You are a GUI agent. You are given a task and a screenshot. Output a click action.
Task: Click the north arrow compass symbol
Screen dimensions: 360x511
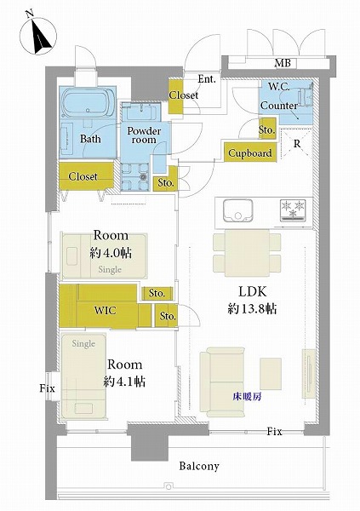pos(38,36)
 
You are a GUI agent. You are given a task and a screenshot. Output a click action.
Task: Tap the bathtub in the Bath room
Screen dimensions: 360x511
pos(88,103)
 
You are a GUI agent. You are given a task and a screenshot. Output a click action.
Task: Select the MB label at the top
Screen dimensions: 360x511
pos(283,62)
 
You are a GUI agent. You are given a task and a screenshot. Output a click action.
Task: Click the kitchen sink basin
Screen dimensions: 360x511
pos(237,211)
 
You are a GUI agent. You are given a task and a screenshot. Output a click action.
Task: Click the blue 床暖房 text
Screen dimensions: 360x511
pos(247,396)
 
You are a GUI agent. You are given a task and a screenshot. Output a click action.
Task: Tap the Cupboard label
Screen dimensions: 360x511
pos(250,152)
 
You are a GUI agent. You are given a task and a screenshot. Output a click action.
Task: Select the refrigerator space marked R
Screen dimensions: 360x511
pos(296,144)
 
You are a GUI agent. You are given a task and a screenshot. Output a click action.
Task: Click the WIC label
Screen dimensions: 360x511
pos(105,310)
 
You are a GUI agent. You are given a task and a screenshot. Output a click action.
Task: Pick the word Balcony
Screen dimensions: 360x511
pos(199,466)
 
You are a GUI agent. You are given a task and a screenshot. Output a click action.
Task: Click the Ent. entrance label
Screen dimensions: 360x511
pos(207,79)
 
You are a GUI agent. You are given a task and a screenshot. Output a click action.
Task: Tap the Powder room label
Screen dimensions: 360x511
pos(144,135)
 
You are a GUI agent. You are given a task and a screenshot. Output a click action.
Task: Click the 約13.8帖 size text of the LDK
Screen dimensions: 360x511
pos(253,308)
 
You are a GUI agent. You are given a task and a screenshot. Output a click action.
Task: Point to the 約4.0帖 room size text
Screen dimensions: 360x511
pos(111,253)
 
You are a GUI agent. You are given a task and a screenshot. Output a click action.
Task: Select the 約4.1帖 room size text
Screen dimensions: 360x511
pos(124,382)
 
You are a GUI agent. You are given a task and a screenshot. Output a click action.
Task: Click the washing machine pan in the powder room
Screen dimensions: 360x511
pos(134,176)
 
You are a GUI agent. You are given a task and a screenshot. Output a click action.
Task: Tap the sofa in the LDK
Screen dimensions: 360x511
pos(222,382)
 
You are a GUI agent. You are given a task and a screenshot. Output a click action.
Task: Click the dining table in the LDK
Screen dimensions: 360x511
pos(248,253)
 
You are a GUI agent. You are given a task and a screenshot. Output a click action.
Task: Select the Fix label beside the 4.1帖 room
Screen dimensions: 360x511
pos(48,388)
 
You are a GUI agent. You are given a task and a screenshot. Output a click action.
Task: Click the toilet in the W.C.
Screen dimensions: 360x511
pos(306,97)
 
